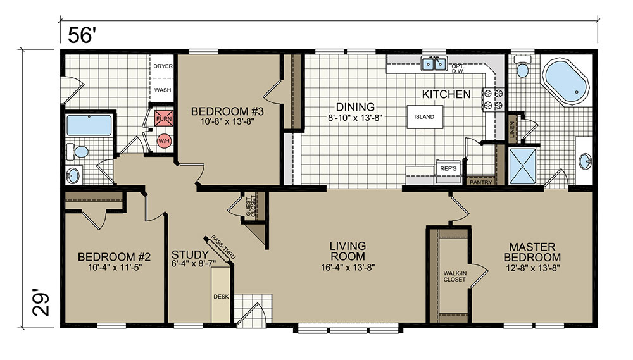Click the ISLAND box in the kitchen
(424, 117)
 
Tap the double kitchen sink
(434, 64)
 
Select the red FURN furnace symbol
(164, 119)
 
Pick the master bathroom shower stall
(523, 166)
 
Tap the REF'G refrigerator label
(449, 168)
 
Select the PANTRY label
(481, 182)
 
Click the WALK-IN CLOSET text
(454, 276)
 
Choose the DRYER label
(163, 66)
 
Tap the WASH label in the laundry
(163, 90)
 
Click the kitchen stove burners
(493, 99)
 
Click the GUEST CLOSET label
(251, 206)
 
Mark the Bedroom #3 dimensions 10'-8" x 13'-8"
(228, 121)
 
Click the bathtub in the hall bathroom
(89, 125)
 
